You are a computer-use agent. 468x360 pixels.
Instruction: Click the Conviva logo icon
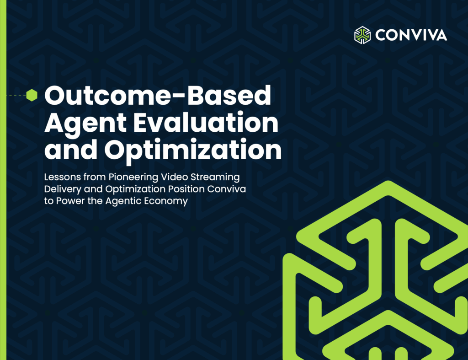pyautogui.click(x=362, y=35)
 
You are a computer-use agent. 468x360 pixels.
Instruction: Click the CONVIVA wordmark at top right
pyautogui.click(x=411, y=35)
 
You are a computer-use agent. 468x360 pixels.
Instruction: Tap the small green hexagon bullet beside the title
pyautogui.click(x=32, y=95)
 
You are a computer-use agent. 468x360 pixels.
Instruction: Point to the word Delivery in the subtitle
pyautogui.click(x=62, y=189)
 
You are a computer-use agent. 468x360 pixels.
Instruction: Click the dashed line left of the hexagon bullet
pyautogui.click(x=16, y=95)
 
